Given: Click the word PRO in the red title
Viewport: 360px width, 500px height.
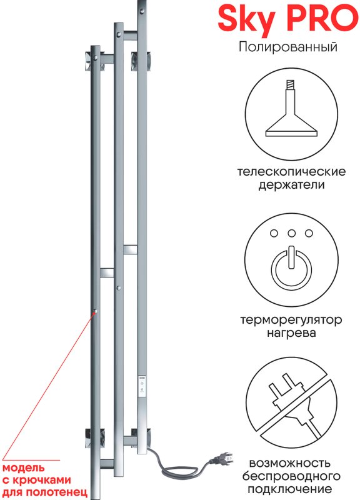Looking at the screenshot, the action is (322, 18).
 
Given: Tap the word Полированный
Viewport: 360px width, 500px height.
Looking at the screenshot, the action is (288, 47).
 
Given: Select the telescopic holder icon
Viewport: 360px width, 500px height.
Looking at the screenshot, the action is (291, 108).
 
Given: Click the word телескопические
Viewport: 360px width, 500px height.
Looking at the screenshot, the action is (291, 171).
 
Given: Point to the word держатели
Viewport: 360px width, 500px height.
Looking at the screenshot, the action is (291, 184).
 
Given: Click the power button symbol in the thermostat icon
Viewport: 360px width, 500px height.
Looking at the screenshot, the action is (291, 267).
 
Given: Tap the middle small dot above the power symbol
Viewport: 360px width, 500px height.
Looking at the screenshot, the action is (291, 233).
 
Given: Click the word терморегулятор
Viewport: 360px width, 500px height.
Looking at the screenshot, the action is (291, 320).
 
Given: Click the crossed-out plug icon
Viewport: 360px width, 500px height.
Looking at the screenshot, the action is (291, 403).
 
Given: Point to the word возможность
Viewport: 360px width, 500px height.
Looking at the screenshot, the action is (289, 463).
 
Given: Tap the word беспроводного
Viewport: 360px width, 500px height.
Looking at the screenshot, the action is (291, 476).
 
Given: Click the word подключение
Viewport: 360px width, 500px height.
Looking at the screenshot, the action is (289, 489).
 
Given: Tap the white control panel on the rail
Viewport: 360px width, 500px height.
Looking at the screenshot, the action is (142, 386).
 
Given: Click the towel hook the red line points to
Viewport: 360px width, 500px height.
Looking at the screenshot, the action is (95, 311).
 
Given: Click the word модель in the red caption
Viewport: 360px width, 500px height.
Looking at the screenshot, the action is (23, 467).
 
